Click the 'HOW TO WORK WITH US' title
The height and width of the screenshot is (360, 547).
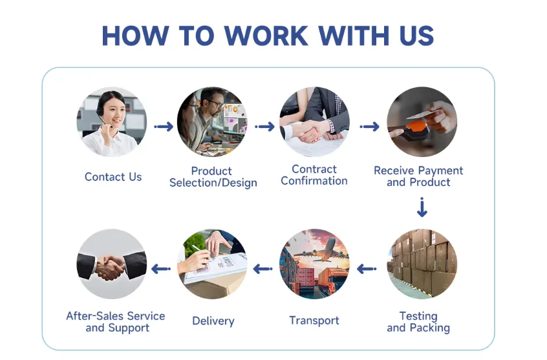tap(267, 36)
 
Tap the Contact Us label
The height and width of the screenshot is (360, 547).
tap(113, 177)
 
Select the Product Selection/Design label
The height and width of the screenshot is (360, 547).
tap(213, 177)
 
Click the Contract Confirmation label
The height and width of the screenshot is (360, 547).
tap(314, 175)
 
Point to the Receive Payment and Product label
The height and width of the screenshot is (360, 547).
tap(418, 176)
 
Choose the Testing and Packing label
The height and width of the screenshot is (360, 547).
tap(418, 322)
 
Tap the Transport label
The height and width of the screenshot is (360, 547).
tap(314, 321)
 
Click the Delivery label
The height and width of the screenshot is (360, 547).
tap(213, 321)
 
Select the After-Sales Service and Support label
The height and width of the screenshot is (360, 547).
tap(116, 322)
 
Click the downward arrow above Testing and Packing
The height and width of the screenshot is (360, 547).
tap(422, 208)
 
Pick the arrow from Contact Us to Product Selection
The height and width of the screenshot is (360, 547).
tap(164, 127)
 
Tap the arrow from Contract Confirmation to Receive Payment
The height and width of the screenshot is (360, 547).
tap(369, 127)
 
